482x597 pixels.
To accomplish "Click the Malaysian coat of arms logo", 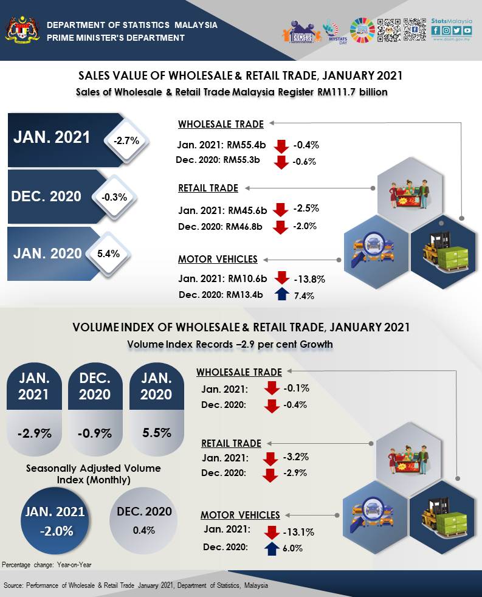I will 21,31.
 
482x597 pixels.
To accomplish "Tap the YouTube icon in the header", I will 467,30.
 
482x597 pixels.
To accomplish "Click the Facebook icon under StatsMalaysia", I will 436,30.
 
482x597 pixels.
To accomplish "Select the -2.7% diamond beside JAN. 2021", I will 126,140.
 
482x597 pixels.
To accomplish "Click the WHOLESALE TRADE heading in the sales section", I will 221,125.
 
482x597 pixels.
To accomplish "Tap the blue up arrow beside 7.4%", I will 280,295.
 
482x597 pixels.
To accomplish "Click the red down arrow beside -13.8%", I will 280,278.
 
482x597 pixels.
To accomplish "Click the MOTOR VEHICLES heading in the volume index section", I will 240,515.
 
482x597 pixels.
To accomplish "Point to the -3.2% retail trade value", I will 295,457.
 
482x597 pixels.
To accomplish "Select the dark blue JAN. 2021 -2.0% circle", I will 55,520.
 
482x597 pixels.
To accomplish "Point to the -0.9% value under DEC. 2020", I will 95,434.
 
